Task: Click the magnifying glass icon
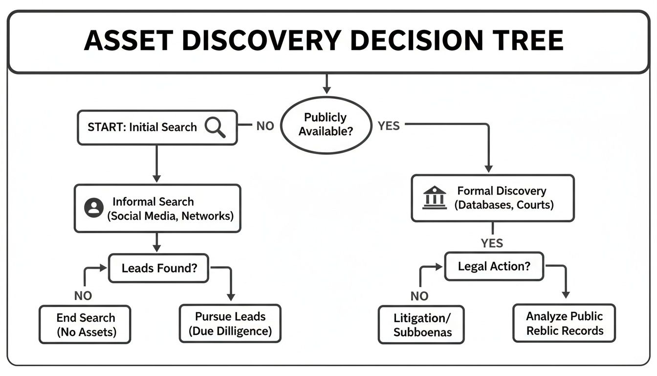point(215,127)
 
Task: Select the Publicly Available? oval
point(325,124)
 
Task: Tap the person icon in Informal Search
point(94,208)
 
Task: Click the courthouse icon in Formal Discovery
point(434,198)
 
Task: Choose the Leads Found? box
point(158,268)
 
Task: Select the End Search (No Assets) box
point(85,325)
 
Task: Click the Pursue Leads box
point(230,323)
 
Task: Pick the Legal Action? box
point(494,266)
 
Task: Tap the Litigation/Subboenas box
point(421,325)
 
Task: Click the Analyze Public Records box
point(564,323)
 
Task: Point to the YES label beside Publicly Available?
point(389,126)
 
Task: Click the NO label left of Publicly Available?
point(265,126)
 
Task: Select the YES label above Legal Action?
point(492,243)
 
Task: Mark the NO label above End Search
point(83,295)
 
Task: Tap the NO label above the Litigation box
point(419,295)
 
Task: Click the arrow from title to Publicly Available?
point(327,84)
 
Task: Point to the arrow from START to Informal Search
point(156,164)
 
